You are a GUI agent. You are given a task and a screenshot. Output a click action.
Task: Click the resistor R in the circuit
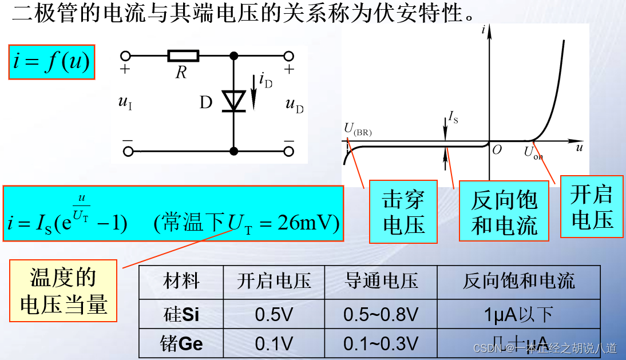[183, 56]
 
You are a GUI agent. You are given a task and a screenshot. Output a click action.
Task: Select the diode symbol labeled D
[233, 101]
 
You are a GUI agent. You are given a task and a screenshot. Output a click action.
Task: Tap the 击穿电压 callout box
[403, 212]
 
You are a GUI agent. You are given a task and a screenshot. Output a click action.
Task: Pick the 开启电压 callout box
[592, 207]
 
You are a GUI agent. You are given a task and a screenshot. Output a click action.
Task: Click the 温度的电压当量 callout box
[64, 290]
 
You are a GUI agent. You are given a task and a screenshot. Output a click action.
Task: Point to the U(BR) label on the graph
[358, 129]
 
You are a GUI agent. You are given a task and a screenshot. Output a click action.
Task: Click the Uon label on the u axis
[533, 153]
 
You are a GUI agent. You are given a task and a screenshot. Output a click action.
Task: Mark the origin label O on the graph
[497, 149]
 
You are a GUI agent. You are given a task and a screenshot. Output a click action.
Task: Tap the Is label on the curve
[453, 118]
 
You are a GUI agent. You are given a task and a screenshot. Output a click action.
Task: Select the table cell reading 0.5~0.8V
[381, 314]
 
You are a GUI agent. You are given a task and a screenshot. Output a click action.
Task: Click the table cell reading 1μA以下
[518, 314]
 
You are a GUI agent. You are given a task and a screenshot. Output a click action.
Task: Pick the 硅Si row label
[181, 314]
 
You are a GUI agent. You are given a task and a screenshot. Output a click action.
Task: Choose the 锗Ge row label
[181, 343]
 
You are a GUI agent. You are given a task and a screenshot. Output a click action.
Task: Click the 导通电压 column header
[381, 281]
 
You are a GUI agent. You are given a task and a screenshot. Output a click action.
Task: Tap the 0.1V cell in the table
[274, 343]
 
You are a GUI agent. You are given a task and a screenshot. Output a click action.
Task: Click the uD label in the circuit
[295, 105]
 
